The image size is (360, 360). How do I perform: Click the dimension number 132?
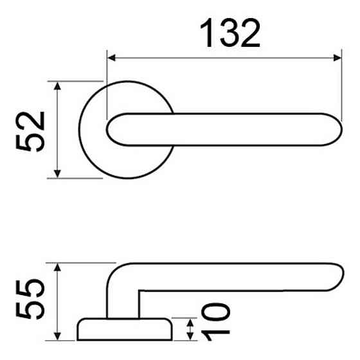coord(230,33)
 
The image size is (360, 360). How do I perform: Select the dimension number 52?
coord(32,130)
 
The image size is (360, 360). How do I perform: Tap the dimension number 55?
coord(32,301)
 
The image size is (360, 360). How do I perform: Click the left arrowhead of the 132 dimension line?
coord(111,59)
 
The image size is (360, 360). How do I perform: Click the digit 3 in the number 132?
coord(230,33)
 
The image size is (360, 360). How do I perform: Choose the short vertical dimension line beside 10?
coord(190,328)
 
